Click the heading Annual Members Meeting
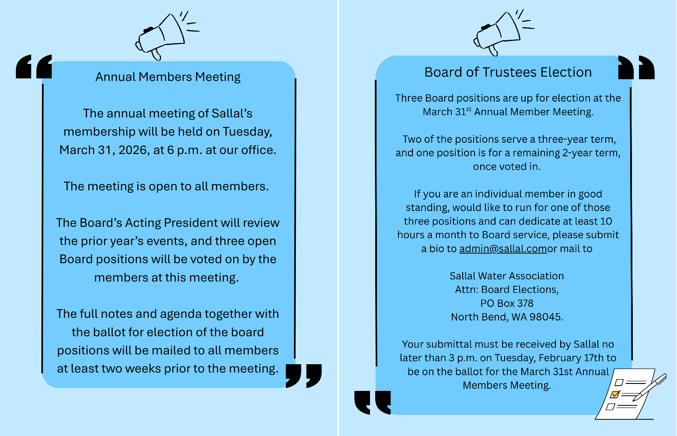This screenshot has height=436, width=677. pos(168,77)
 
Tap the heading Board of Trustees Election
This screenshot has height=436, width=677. pos(508,72)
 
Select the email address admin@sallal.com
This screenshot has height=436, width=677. pos(503,249)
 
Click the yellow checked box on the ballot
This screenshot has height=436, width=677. pos(615,394)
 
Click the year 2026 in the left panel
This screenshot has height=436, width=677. pos(133,150)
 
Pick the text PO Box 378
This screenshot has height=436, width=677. pos(507,303)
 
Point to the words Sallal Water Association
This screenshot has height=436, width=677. pos(507,276)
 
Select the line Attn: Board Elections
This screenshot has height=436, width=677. pos(507,290)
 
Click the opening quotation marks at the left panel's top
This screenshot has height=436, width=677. pos(34,67)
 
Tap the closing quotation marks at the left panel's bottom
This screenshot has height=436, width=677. pos(304,375)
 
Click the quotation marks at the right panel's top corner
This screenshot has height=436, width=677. pos(636,67)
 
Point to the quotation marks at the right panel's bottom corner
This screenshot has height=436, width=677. pos(373,402)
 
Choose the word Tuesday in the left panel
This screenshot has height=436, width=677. pos(247,132)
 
